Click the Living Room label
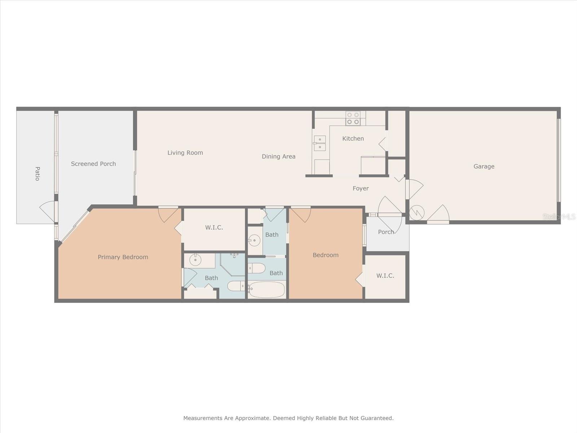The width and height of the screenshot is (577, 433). tap(185, 153)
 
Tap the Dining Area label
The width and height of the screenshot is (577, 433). tap(278, 156)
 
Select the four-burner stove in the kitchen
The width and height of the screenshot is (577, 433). tap(353, 118)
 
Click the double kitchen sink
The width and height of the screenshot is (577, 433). tap(320, 143)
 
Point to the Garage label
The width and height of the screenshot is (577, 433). tap(484, 166)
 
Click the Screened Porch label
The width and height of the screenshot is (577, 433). tap(93, 164)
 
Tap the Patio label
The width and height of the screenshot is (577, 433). tap(37, 174)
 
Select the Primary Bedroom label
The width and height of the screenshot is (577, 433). tap(123, 257)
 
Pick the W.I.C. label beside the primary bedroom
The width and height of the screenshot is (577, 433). tap(214, 227)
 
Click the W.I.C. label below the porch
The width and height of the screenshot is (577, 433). tap(385, 276)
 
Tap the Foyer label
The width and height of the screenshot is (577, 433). tap(361, 188)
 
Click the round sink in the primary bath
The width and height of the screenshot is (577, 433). tap(195, 260)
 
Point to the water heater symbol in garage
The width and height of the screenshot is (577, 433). tap(417, 213)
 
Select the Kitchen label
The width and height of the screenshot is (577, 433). tap(353, 139)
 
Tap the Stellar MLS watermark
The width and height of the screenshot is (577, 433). tap(559, 217)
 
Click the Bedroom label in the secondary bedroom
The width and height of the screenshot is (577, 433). tap(325, 255)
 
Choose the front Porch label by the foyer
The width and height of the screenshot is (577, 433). tap(386, 232)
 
